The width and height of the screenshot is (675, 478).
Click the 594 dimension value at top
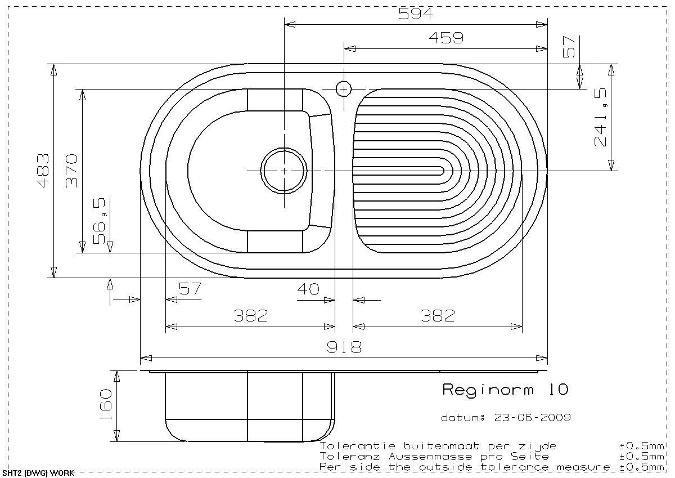[x=416, y=14]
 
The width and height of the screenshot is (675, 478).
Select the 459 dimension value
[x=446, y=38]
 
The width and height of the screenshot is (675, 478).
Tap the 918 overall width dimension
[x=344, y=347]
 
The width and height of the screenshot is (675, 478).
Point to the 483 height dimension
[x=43, y=171]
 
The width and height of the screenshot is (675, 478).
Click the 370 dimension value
[x=71, y=171]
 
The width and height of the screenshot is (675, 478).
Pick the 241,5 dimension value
[x=600, y=117]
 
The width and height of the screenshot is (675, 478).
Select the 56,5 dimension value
[x=100, y=221]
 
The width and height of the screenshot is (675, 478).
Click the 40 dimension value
[x=308, y=289]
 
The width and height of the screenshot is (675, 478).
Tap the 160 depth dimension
[x=106, y=405]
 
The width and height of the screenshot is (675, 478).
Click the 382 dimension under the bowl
[x=251, y=316]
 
